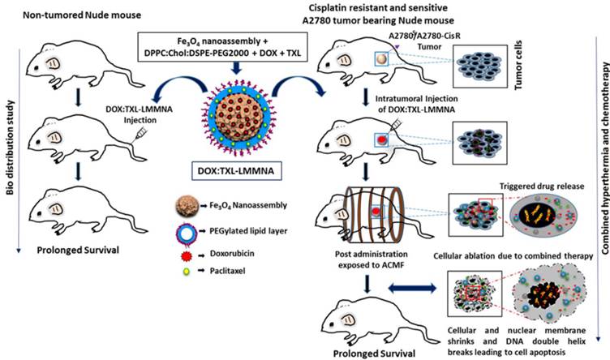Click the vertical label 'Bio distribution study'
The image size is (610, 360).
9,130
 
